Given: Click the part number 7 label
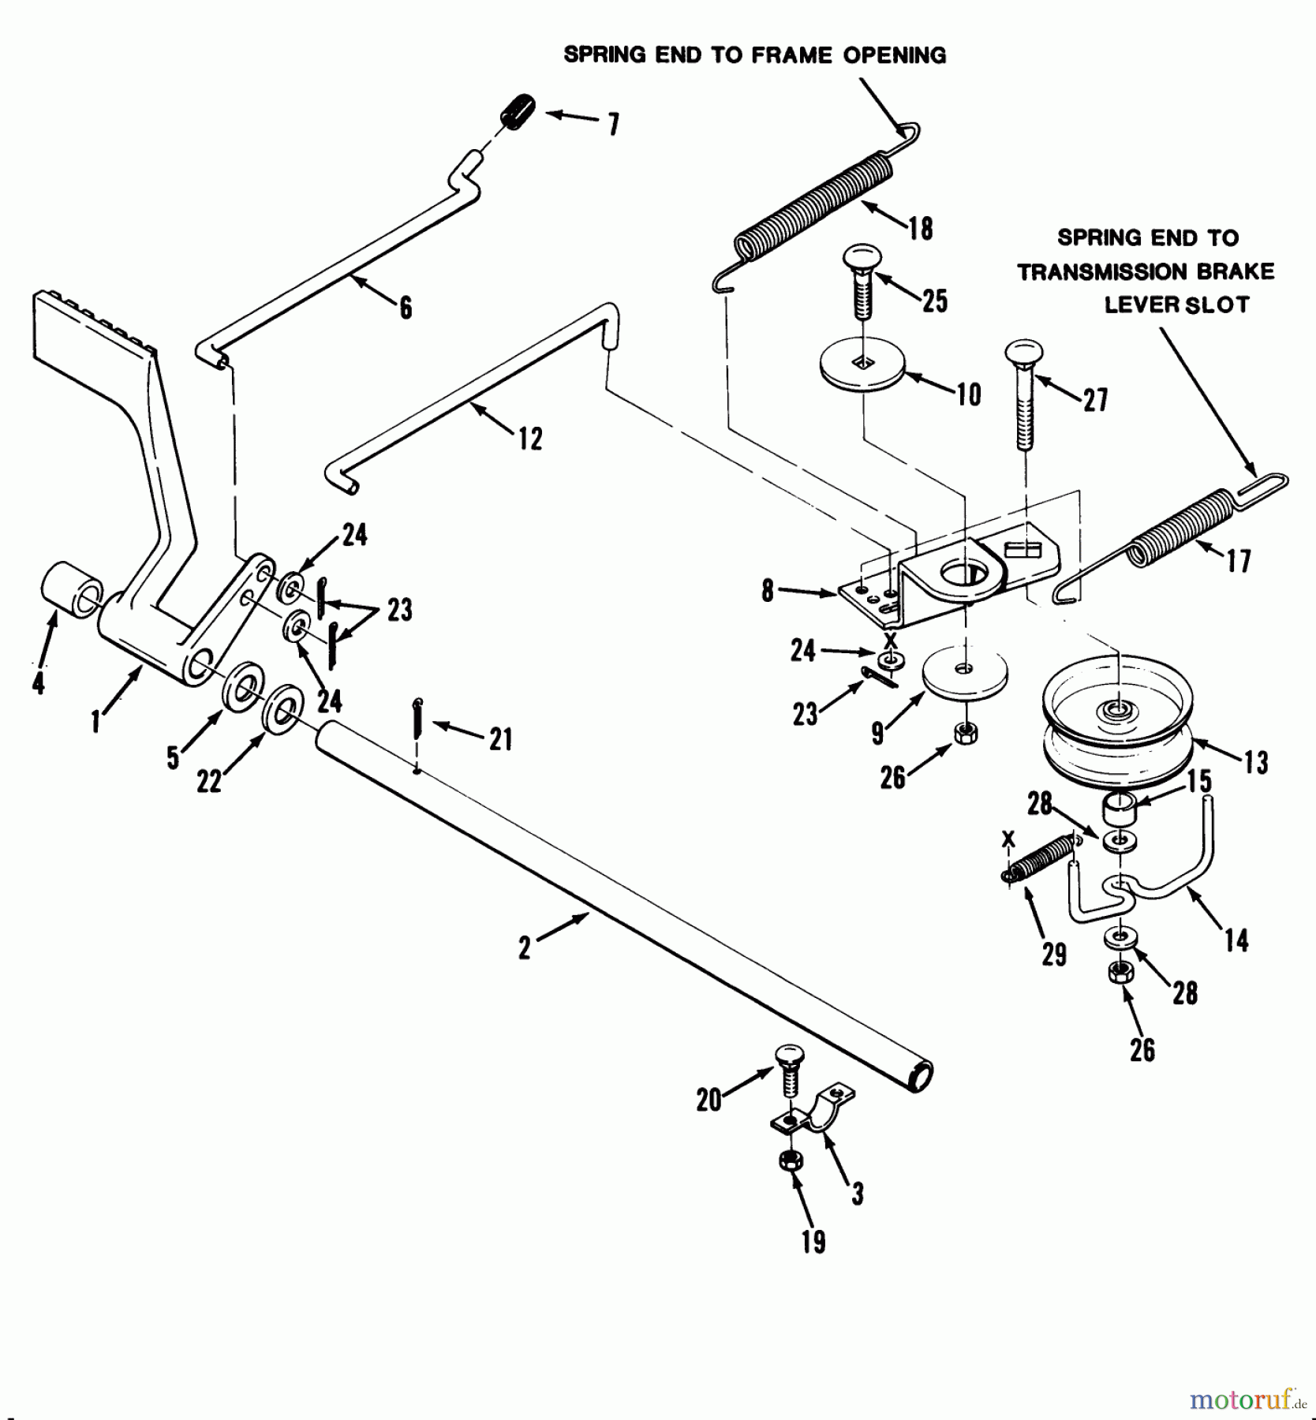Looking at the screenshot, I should click(613, 125).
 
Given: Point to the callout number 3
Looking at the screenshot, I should click(858, 1194).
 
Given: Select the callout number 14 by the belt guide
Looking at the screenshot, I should click(1236, 940).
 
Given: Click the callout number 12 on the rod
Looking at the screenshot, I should click(530, 439).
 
